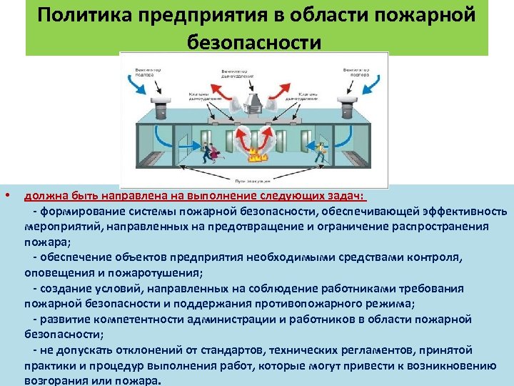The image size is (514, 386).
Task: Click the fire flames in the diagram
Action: point(254,153)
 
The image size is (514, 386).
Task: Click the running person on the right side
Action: point(321,152)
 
